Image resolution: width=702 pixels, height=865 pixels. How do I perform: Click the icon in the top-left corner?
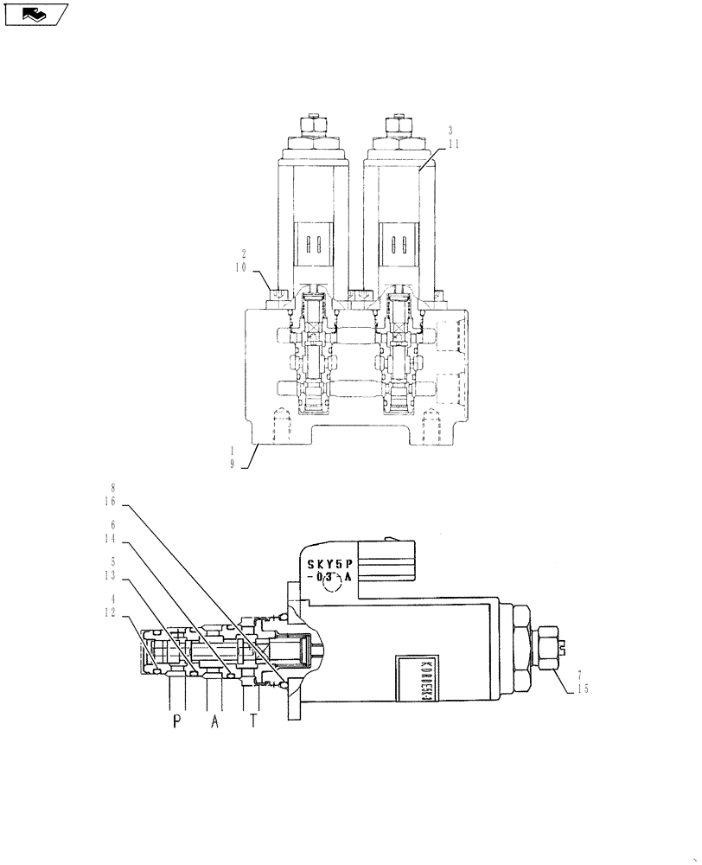tap(35, 14)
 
